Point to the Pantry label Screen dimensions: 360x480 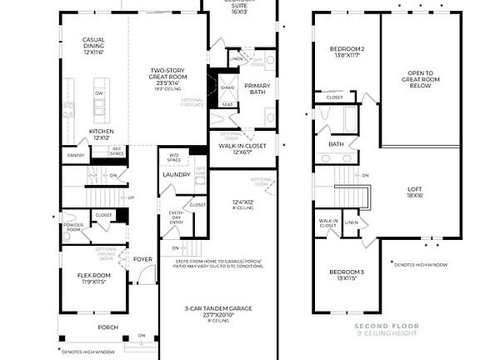click(x=76, y=155)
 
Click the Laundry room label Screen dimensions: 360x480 click(x=176, y=174)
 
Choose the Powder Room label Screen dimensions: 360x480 click(x=72, y=227)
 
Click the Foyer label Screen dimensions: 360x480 click(x=143, y=259)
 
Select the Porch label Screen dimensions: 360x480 click(x=108, y=327)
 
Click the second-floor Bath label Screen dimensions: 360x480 click(x=336, y=144)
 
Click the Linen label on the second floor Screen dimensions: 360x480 click(x=352, y=222)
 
